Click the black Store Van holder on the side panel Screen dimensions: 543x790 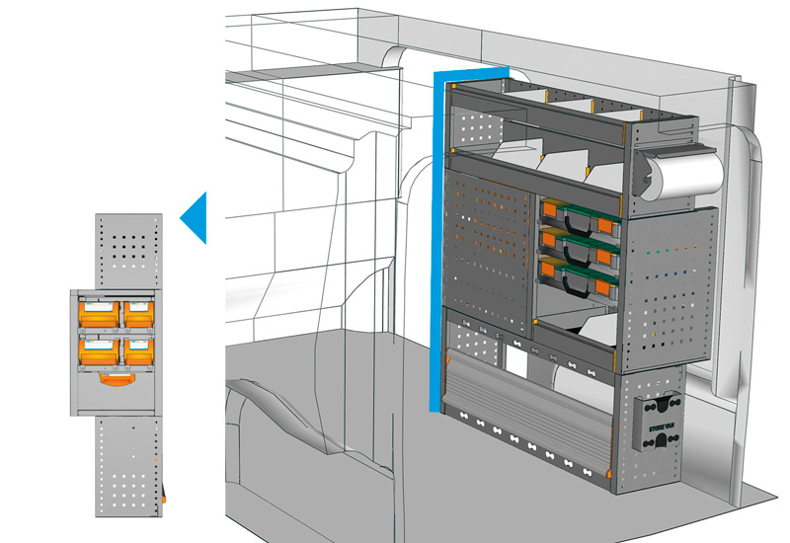[x=659, y=424]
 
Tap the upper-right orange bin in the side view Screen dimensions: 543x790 [x=137, y=315]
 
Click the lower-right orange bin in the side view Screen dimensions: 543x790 [x=137, y=349]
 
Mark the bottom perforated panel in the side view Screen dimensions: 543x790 [x=127, y=464]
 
